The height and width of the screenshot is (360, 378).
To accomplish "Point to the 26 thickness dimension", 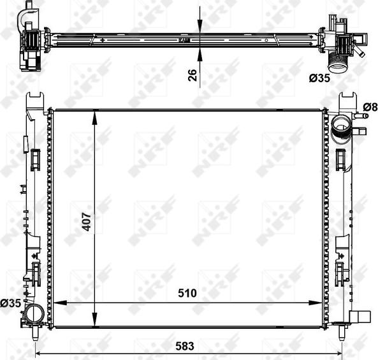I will pyautogui.click(x=191, y=75).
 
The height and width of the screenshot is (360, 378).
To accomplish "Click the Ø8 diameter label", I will pyautogui.click(x=370, y=106).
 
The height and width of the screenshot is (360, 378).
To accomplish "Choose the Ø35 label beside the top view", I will pyautogui.click(x=319, y=79).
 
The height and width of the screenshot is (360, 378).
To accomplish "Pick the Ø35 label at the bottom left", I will pyautogui.click(x=11, y=303).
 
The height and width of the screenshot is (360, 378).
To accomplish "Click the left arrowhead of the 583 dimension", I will pyautogui.click(x=39, y=354).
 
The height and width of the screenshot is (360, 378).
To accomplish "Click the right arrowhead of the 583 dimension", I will pyautogui.click(x=341, y=354).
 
